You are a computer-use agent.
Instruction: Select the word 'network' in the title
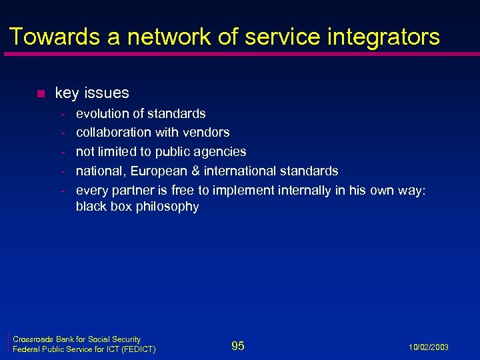159,37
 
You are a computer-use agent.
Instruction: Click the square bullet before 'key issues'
39,93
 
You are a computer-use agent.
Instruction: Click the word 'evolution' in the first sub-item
103,113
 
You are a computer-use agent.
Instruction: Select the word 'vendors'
206,132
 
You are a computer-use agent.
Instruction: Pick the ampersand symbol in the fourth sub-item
194,171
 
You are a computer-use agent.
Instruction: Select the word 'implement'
243,191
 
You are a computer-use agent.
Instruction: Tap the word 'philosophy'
167,207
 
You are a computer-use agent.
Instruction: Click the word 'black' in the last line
91,207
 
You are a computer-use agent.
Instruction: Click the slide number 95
238,345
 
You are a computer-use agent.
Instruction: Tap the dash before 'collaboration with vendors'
62,132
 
